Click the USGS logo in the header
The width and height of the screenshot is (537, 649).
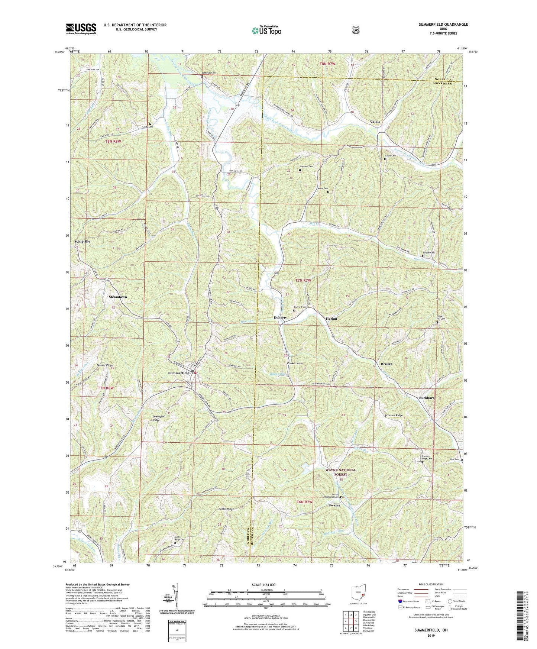[x=81, y=28]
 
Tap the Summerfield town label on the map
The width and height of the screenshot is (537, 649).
[x=178, y=373]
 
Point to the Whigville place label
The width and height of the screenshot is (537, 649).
[x=83, y=242]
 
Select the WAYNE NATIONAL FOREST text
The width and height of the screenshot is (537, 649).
[x=340, y=472]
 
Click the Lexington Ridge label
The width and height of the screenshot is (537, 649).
[x=161, y=419]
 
